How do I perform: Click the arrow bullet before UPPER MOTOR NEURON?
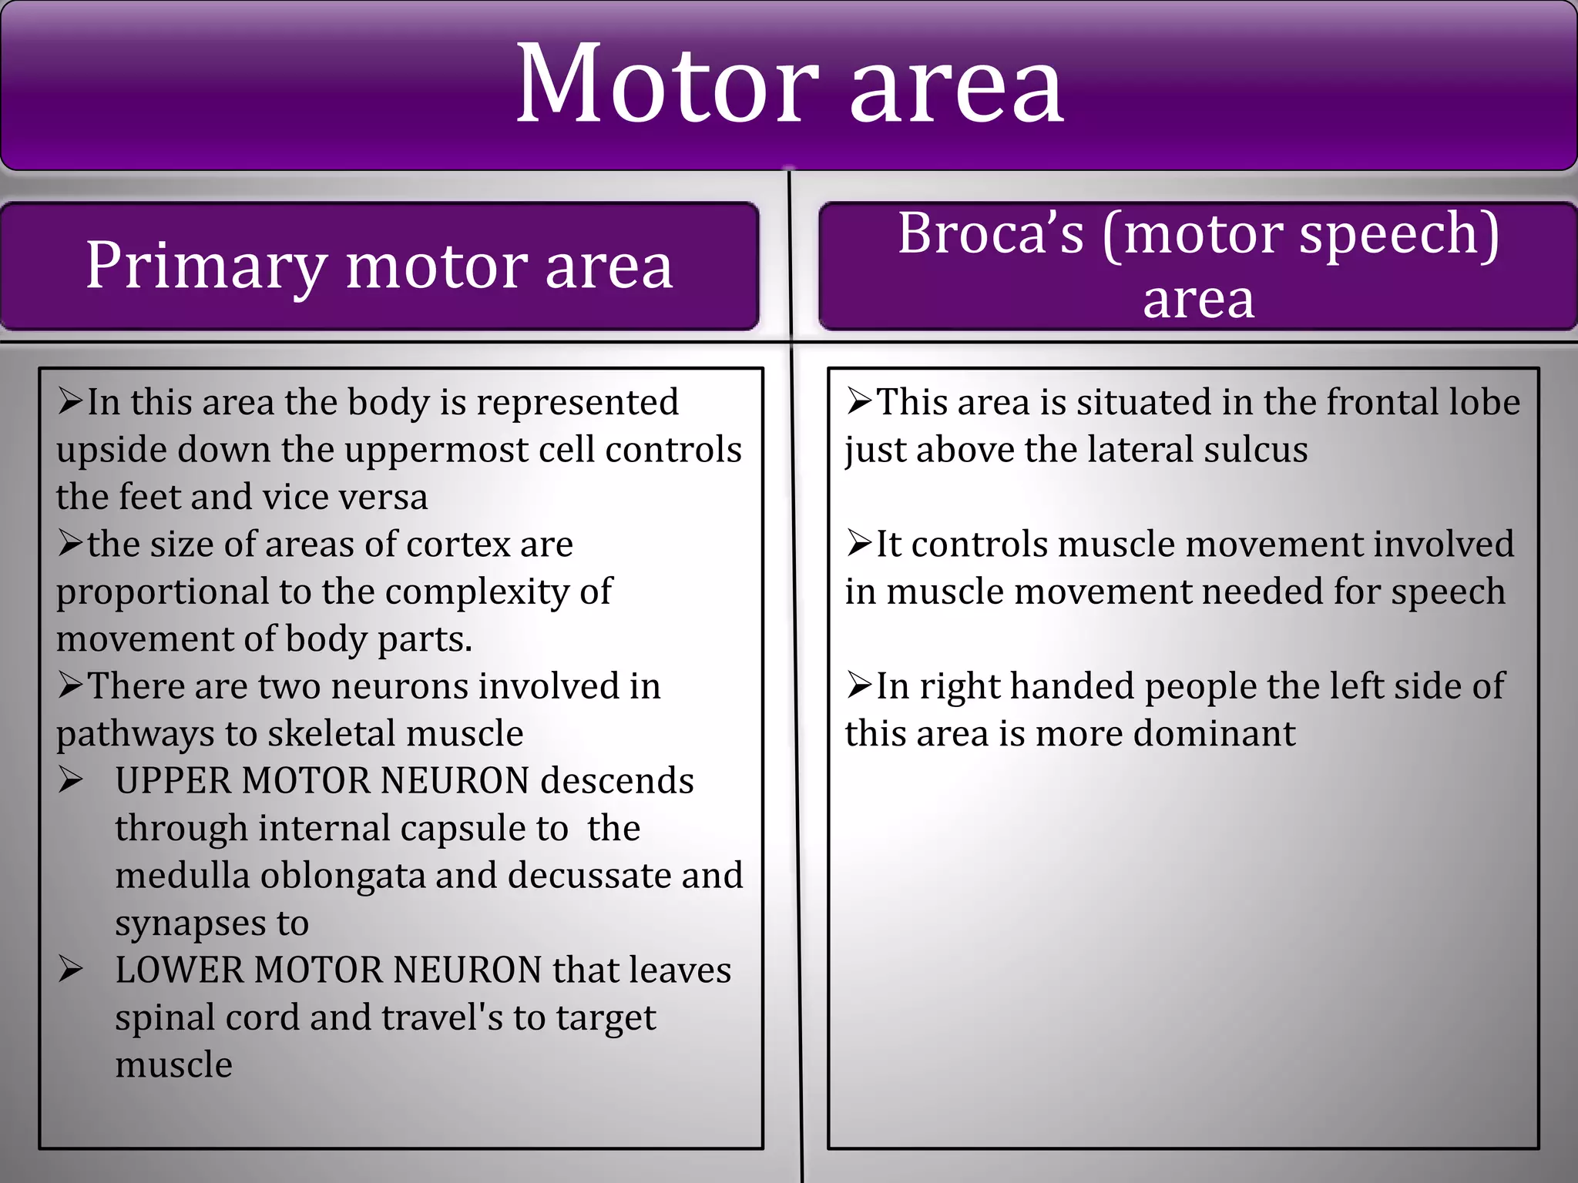coord(70,781)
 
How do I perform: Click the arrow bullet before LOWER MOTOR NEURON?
coord(70,970)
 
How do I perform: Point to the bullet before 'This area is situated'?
coord(859,401)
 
